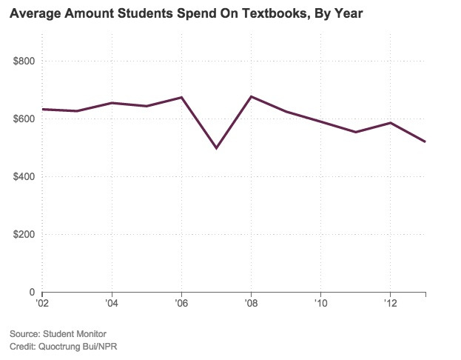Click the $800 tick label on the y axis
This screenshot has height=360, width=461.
click(24, 61)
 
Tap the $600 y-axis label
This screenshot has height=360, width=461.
click(24, 119)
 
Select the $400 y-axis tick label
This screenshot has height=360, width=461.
click(24, 176)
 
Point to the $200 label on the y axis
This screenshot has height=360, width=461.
click(24, 234)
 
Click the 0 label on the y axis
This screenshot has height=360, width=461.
click(31, 292)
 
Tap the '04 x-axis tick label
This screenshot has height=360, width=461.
click(111, 303)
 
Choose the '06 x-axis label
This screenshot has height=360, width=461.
click(181, 303)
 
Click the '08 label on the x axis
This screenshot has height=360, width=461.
click(251, 303)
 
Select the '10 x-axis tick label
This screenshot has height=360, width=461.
click(320, 303)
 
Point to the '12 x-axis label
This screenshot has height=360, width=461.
click(390, 303)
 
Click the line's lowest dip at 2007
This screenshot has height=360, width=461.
click(216, 148)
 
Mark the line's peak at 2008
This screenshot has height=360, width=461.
click(251, 96)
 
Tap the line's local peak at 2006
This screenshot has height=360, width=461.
click(181, 97)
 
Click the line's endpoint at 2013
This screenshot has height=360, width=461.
click(425, 141)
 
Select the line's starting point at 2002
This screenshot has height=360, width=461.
click(42, 109)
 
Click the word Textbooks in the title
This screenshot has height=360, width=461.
click(238, 13)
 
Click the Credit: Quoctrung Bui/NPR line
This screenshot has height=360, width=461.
click(65, 347)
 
